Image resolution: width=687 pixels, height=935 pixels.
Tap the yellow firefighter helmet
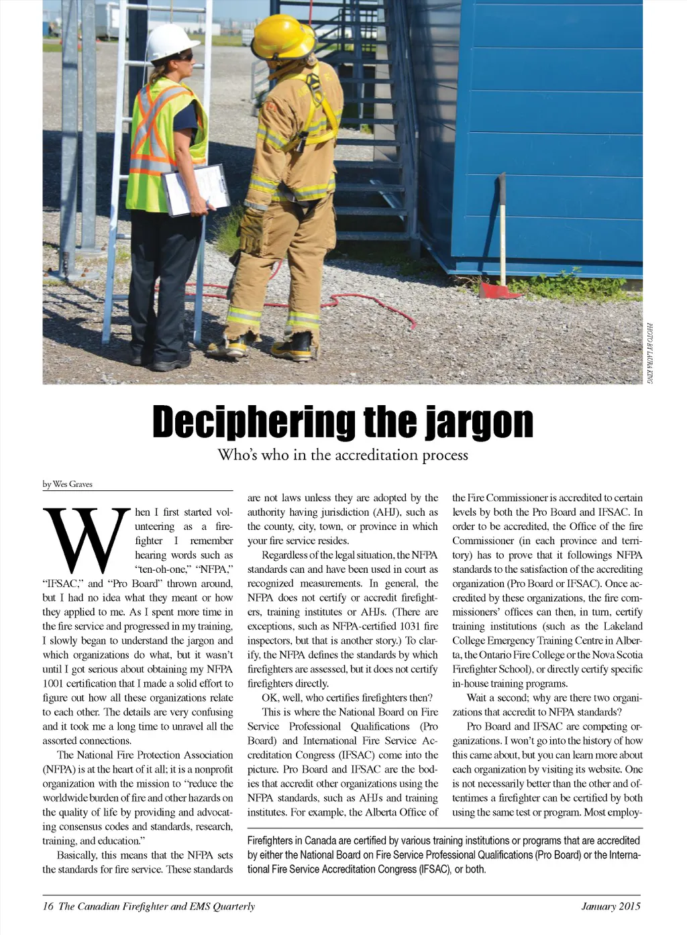pyautogui.click(x=283, y=36)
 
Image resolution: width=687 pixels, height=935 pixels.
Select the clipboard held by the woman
pyautogui.click(x=197, y=189)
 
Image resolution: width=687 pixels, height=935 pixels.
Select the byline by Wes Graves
pyautogui.click(x=68, y=484)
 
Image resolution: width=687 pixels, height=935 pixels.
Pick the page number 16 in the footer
pyautogui.click(x=48, y=906)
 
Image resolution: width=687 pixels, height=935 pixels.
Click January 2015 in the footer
pyautogui.click(x=611, y=906)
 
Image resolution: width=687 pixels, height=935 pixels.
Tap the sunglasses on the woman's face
pyautogui.click(x=184, y=57)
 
